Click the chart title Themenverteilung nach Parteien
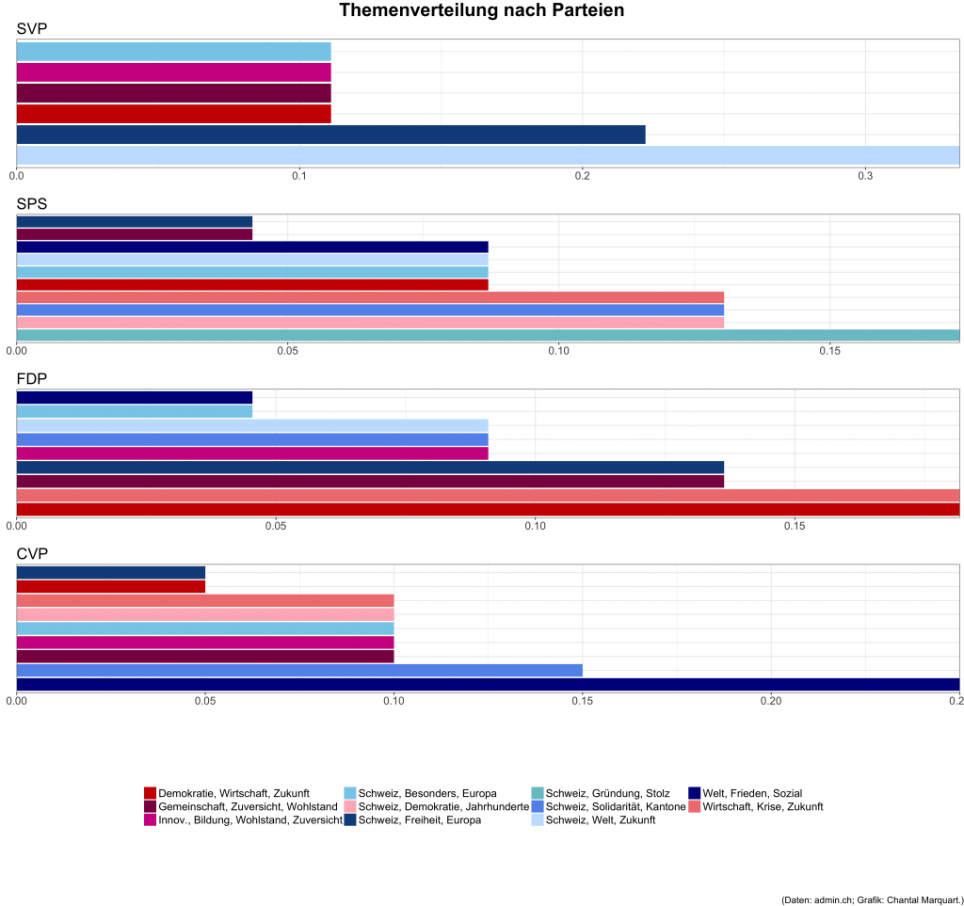pyautogui.click(x=481, y=11)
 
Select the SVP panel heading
pyautogui.click(x=32, y=29)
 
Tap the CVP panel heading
pyautogui.click(x=32, y=553)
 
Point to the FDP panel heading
pyautogui.click(x=32, y=378)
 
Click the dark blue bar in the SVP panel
pyautogui.click(x=330, y=135)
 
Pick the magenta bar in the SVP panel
pyautogui.click(x=173, y=72)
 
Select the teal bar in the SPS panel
pyautogui.click(x=488, y=335)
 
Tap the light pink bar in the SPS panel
pyautogui.click(x=370, y=323)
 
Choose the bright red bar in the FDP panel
pyautogui.click(x=488, y=510)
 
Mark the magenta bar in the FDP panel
pyautogui.click(x=252, y=453)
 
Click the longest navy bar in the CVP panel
pyautogui.click(x=488, y=684)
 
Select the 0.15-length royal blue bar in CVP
pyautogui.click(x=299, y=670)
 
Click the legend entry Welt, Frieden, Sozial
pyautogui.click(x=751, y=793)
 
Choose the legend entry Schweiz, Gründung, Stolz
pyautogui.click(x=607, y=793)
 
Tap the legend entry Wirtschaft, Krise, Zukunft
pyautogui.click(x=763, y=806)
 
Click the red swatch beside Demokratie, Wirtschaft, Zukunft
pyautogui.click(x=150, y=793)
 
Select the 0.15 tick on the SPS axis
pyautogui.click(x=829, y=351)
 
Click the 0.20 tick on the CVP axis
pyautogui.click(x=771, y=700)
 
